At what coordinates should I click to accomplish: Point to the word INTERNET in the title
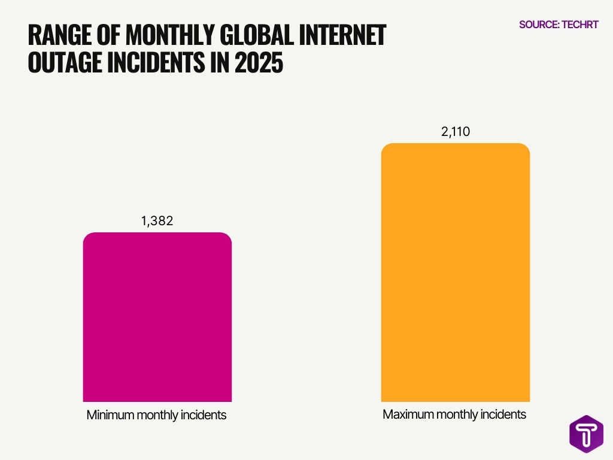tap(350, 36)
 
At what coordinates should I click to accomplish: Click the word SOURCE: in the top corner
tap(539, 25)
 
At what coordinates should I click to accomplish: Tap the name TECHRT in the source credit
tap(581, 25)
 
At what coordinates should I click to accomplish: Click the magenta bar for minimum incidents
tap(157, 317)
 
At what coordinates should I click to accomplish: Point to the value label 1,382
tap(157, 221)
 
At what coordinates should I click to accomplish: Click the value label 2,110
tap(455, 132)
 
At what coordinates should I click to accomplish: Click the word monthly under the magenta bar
tap(156, 415)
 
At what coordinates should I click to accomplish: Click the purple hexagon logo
tap(586, 434)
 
